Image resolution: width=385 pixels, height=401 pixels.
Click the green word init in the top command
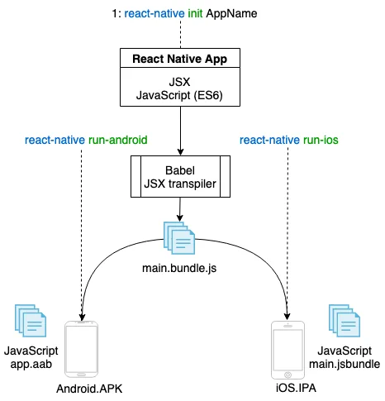(x=195, y=13)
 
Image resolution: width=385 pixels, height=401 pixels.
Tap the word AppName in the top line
(x=231, y=13)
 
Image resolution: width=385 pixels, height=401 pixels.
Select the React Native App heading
(x=180, y=59)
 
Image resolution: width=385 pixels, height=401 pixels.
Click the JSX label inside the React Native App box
(x=179, y=82)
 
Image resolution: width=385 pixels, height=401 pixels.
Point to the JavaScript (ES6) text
(x=179, y=95)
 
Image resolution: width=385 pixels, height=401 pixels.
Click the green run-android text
(x=118, y=140)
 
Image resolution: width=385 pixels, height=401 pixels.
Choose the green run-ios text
(x=321, y=140)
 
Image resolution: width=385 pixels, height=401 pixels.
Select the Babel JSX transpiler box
(x=180, y=176)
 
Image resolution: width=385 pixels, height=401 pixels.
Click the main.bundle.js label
(x=179, y=268)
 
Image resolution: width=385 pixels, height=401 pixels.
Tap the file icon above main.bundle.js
(x=179, y=238)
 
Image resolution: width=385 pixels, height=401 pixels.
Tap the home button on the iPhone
(x=288, y=375)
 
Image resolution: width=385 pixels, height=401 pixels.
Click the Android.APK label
(x=89, y=389)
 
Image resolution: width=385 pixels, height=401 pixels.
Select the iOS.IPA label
(x=296, y=388)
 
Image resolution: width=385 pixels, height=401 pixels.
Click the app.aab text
(x=31, y=365)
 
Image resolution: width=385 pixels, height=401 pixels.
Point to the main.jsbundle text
(x=345, y=364)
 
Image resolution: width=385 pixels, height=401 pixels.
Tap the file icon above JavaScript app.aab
(x=31, y=321)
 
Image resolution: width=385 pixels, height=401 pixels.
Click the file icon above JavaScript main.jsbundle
(x=345, y=321)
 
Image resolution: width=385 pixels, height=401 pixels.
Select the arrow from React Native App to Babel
(x=180, y=131)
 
